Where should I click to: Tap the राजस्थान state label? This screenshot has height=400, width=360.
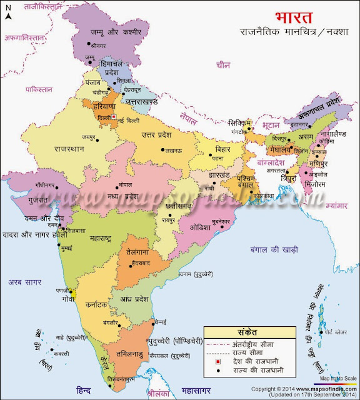[x=73, y=149]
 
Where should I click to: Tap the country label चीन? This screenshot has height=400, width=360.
[x=223, y=64]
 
